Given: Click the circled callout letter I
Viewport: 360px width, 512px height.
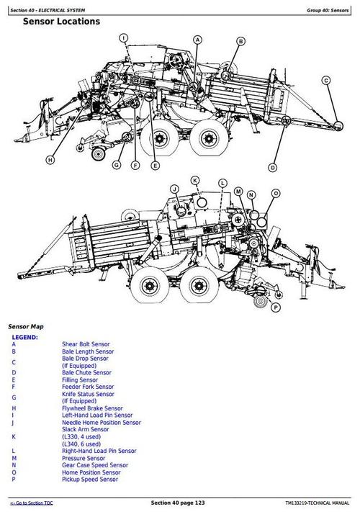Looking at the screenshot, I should [x=123, y=37].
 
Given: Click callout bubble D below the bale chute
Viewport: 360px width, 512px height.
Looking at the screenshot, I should [x=272, y=167].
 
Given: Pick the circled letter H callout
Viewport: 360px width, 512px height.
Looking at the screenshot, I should [x=50, y=159].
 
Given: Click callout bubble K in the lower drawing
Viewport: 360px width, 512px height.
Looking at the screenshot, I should [x=194, y=179].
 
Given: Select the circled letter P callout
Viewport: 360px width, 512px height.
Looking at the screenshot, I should [x=275, y=307].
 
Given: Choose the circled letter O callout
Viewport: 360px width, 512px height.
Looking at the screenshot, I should [x=275, y=194].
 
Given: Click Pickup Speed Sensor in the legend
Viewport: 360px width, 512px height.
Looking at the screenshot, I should [x=90, y=479].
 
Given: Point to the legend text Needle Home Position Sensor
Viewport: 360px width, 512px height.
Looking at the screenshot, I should [x=101, y=422].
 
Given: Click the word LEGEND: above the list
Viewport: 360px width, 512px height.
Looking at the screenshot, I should [x=24, y=337].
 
